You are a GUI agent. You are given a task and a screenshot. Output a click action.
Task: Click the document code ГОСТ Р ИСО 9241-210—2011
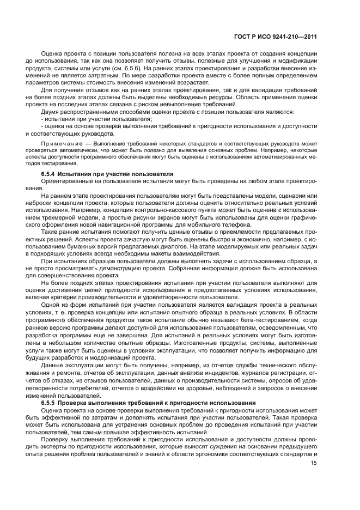(275, 36)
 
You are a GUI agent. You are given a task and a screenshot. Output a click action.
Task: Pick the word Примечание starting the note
(59, 143)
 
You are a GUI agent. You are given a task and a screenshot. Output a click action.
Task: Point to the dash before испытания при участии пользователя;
(42, 118)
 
